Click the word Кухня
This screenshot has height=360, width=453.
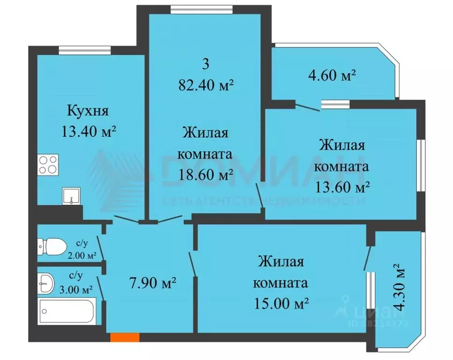pyautogui.click(x=88, y=112)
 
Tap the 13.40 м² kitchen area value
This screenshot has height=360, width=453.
pyautogui.click(x=89, y=131)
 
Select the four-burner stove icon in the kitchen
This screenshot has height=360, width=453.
pyautogui.click(x=48, y=165)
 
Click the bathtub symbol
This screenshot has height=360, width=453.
pyautogui.click(x=67, y=310)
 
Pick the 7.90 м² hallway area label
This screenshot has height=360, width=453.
pyautogui.click(x=152, y=283)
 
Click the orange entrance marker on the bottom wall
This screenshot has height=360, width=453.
pyautogui.click(x=125, y=336)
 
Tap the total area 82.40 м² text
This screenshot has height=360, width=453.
pyautogui.click(x=206, y=85)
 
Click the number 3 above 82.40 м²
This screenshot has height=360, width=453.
pyautogui.click(x=206, y=65)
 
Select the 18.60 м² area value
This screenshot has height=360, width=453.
pyautogui.click(x=206, y=175)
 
